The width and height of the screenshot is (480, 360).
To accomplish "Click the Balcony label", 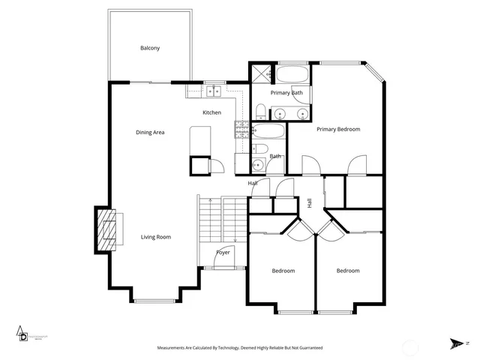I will (x=150, y=49).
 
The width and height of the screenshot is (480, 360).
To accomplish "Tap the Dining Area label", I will (x=150, y=133).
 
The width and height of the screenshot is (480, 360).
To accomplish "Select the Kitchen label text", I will (x=212, y=113).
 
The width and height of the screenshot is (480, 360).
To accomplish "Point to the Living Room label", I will (x=156, y=238).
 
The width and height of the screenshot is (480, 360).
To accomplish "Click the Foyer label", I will (x=223, y=252).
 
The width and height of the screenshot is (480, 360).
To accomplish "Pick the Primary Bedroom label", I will (x=338, y=130).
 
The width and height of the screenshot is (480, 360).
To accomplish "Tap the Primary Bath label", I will (x=286, y=93).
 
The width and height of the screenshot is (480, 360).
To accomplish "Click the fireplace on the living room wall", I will (x=106, y=229).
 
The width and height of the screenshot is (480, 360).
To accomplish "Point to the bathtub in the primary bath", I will (x=293, y=74).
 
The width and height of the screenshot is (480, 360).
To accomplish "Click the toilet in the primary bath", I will (x=259, y=112).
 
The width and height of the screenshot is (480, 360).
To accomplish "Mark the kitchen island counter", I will (x=201, y=140).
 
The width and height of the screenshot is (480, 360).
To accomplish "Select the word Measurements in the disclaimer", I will (x=173, y=349).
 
